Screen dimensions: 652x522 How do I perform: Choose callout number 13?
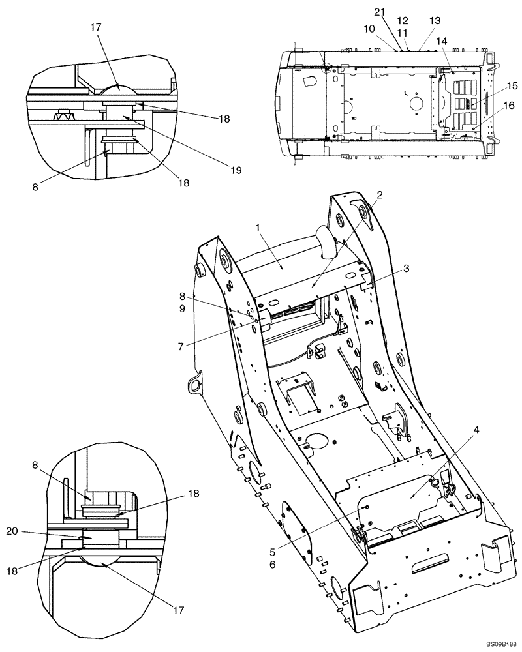pos(435,21)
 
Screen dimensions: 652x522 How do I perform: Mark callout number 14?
pos(442,41)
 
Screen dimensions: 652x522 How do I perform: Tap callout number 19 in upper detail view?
pos(236,170)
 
